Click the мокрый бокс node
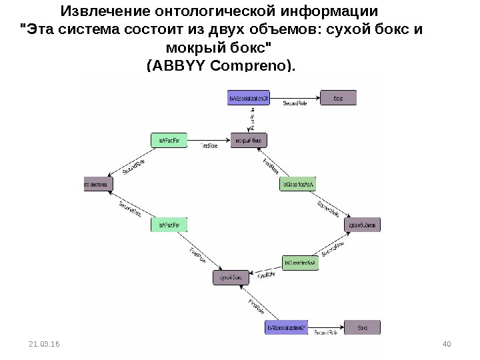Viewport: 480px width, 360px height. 249,140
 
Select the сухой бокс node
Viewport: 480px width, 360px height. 229,275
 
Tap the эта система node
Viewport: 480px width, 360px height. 97,183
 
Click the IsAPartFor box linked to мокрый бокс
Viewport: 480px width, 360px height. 169,140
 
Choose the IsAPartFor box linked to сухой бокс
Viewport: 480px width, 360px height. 169,226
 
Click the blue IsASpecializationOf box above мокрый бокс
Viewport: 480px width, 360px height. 249,98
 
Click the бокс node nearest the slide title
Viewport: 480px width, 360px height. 339,98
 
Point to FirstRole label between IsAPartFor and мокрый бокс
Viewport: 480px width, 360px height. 210,145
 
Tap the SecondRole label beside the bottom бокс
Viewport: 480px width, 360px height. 327,332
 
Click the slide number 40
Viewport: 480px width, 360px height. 447,343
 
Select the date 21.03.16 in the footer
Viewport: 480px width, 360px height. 44,343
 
